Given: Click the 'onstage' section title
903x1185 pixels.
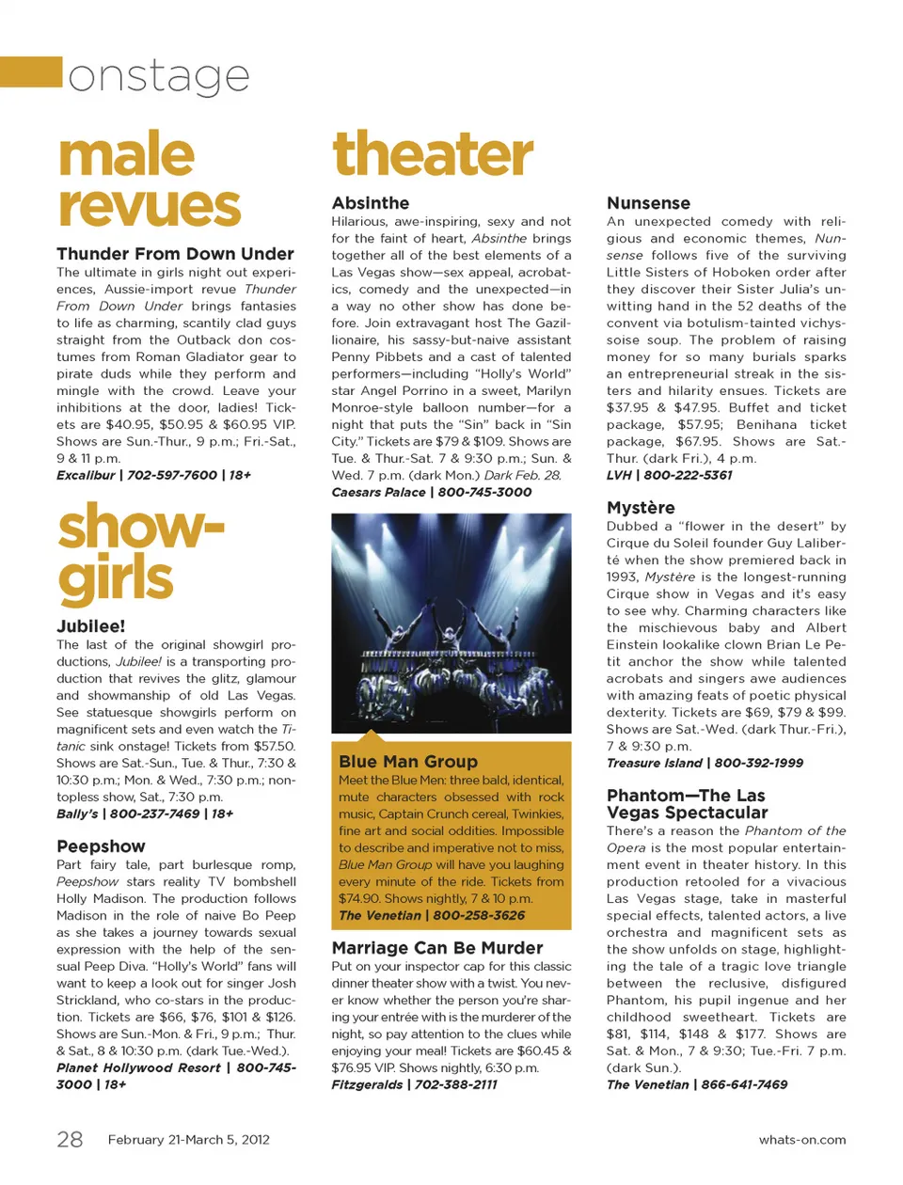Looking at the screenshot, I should (x=159, y=76).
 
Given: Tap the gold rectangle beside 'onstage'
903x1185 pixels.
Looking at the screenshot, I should (x=31, y=71).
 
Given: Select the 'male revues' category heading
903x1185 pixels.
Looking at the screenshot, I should (x=149, y=181).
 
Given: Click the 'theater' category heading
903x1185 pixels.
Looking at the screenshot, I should (x=433, y=154).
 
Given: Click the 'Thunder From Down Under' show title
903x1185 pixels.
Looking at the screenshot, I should (x=175, y=254).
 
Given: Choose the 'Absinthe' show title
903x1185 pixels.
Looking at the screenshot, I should (x=371, y=203).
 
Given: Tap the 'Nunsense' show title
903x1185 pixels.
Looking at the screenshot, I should (x=648, y=203).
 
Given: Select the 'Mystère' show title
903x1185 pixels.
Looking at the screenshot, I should (x=641, y=508).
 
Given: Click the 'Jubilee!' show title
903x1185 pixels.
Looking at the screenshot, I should (x=90, y=626).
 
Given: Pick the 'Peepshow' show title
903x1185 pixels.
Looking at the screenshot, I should (x=101, y=846).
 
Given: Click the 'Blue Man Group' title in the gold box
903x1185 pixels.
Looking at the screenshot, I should (x=408, y=762).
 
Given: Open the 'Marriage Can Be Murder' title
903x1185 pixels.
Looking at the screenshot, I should (x=437, y=948).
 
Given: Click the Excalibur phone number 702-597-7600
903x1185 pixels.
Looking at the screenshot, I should (x=172, y=475).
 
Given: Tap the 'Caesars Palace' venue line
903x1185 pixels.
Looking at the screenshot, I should (x=378, y=492).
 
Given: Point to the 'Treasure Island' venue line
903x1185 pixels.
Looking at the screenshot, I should (x=654, y=763).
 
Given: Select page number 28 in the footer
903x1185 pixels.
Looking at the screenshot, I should (x=70, y=1140).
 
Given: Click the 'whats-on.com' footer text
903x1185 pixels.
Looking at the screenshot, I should (x=801, y=1140).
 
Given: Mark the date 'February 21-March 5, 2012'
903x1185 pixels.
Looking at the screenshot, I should (x=188, y=1140).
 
